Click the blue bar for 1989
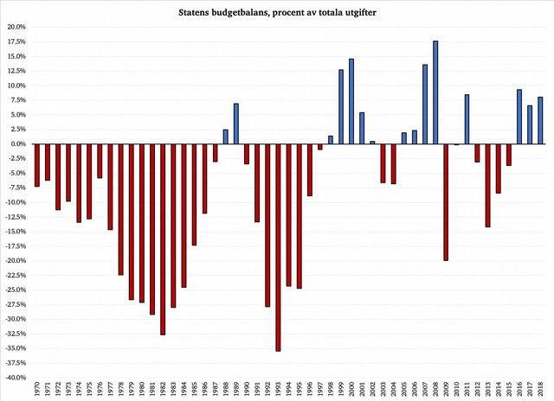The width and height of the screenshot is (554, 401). tap(235, 124)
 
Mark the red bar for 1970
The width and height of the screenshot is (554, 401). tap(36, 165)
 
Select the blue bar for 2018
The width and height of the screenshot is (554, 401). tap(540, 120)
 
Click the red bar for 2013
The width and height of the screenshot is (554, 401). tap(488, 186)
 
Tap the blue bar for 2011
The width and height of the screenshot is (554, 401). tap(467, 119)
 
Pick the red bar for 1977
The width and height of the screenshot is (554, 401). tap(110, 187)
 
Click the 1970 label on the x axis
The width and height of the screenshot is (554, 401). tap(37, 391)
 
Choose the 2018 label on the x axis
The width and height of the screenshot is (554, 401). tap(541, 391)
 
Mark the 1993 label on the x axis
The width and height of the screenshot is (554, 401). tap(279, 391)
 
